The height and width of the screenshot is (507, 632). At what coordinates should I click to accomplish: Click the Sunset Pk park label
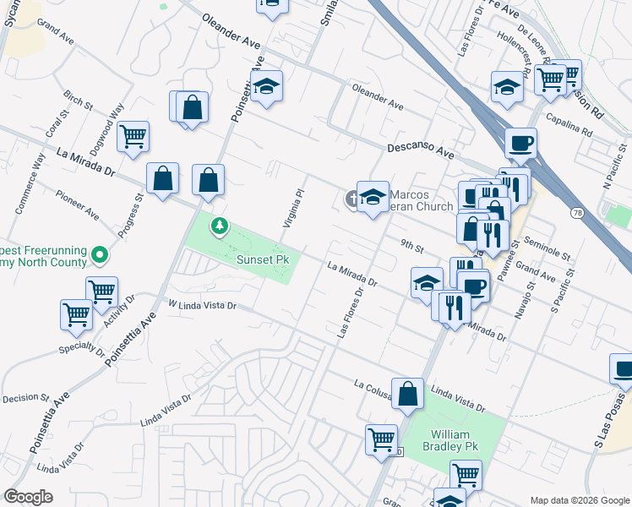(x=264, y=260)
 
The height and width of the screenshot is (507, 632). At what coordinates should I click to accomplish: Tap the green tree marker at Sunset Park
(x=220, y=226)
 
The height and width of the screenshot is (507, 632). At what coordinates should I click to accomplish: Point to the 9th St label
(x=411, y=245)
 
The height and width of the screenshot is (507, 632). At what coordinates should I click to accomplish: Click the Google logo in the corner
(x=28, y=497)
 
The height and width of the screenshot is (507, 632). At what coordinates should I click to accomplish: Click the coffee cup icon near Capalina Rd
(x=521, y=142)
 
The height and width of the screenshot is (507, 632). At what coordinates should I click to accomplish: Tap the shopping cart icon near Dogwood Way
(x=133, y=136)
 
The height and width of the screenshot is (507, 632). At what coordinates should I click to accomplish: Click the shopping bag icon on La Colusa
(x=407, y=393)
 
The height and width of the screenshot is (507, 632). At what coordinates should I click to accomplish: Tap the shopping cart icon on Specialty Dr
(x=76, y=313)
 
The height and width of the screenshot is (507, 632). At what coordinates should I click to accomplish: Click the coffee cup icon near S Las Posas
(x=624, y=368)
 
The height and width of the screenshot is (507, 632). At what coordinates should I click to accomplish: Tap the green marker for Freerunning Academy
(x=101, y=253)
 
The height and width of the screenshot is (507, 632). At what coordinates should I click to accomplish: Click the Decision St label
(x=26, y=397)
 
